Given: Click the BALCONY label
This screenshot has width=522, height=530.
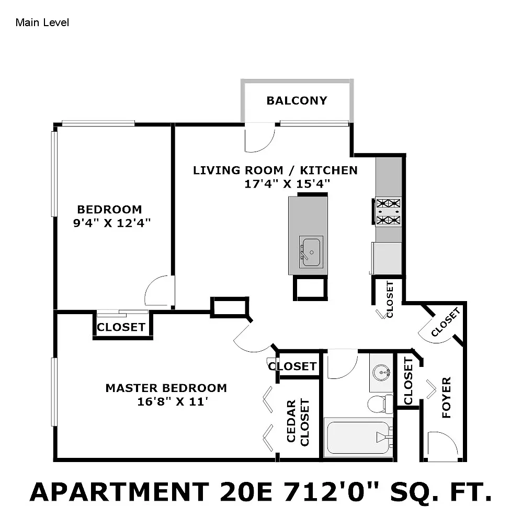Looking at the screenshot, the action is click(297, 101).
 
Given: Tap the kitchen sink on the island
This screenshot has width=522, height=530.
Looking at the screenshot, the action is click(311, 252).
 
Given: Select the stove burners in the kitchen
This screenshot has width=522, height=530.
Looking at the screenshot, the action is click(388, 212).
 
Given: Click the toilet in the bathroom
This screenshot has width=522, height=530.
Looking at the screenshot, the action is click(380, 404).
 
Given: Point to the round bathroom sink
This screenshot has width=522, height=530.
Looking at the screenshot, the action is click(381, 373).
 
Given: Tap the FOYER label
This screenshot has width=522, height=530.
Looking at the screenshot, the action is click(447, 397).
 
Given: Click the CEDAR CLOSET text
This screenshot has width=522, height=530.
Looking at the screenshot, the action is click(298, 422).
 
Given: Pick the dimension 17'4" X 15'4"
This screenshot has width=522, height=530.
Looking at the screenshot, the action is click(287, 184).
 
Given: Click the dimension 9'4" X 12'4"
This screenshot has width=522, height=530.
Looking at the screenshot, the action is click(111, 223).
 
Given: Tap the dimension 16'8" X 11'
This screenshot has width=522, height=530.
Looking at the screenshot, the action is click(173, 401).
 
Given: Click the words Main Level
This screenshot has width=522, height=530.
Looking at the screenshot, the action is click(42, 22).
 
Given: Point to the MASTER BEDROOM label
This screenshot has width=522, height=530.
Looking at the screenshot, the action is click(166, 388).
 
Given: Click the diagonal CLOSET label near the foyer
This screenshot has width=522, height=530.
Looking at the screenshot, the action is click(446, 322).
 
